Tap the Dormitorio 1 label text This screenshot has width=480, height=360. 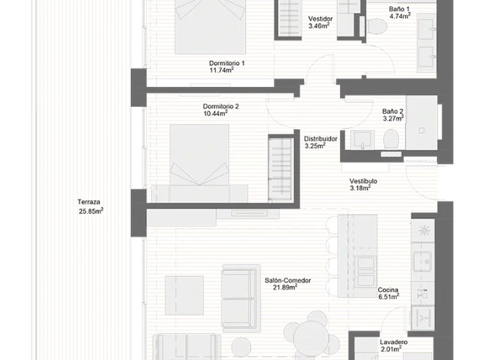(227, 63)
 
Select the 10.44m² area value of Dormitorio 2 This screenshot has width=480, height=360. (215, 114)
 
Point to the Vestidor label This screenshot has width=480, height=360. (320, 19)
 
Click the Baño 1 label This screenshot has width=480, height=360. (397, 9)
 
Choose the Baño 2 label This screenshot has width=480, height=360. (393, 111)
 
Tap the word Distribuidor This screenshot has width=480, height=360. (321, 139)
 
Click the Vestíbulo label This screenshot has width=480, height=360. (362, 181)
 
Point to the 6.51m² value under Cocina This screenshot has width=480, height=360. (388, 298)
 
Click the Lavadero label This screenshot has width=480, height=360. (394, 342)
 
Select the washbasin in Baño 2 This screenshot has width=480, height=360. (361, 139)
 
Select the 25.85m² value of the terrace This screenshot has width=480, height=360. (90, 211)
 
